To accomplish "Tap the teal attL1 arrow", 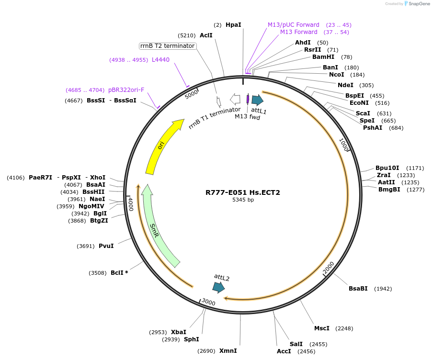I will pos(257,100).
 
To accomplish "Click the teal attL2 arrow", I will pos(218,287).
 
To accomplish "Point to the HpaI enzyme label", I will pos(233,24).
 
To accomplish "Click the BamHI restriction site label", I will pos(323,57).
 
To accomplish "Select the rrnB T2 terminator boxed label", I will pos(167,46).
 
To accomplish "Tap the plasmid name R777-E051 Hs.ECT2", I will pos(243,192).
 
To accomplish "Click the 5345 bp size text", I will pos(243,200).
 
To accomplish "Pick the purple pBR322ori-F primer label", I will pos(126,90).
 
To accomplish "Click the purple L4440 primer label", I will pos(160,60).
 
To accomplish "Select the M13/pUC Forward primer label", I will pos(293,25).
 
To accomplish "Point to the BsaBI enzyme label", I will pos(358,288).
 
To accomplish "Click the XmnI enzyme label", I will pos(228,351).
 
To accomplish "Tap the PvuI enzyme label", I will pos(106,246).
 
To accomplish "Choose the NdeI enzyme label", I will pos(345,85).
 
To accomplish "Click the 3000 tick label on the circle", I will pos(208,302).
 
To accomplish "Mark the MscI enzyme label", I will pos(322,328).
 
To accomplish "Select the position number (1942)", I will pos(383,289).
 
